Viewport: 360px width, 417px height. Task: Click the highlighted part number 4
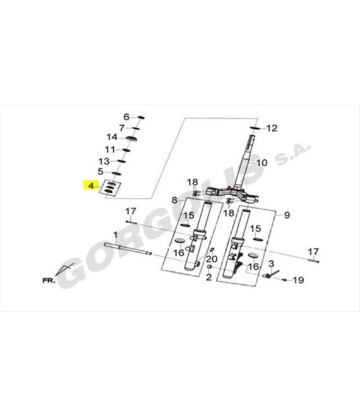(x=91, y=186)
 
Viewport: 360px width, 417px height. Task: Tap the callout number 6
(x=126, y=117)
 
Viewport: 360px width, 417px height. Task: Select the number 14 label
(x=112, y=137)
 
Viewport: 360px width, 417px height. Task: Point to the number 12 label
(x=272, y=128)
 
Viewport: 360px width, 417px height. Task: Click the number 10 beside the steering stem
(x=261, y=162)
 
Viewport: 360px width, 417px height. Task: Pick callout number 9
(x=287, y=215)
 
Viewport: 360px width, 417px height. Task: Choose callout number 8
(x=174, y=200)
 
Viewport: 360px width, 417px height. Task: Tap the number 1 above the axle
(x=115, y=235)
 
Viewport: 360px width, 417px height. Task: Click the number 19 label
(x=298, y=280)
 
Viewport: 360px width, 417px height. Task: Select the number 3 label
(x=271, y=264)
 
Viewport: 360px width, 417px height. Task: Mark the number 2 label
(x=209, y=277)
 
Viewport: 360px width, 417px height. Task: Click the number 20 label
(x=212, y=259)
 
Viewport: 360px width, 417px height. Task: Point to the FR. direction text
(x=49, y=281)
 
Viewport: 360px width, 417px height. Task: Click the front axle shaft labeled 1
(x=128, y=249)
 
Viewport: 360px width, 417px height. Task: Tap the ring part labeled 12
(x=255, y=128)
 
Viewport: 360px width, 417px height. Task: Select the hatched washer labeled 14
(x=131, y=138)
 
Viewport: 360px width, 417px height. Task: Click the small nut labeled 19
(x=284, y=280)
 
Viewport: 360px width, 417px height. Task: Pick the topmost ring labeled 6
(x=141, y=118)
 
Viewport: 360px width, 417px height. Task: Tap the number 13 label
(x=104, y=161)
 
